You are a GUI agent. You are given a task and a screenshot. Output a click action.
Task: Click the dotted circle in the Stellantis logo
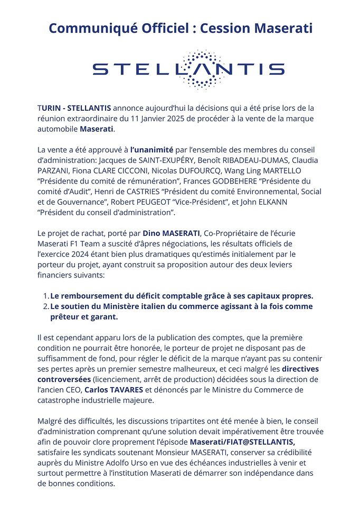201,70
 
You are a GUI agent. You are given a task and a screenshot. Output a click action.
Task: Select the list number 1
46,295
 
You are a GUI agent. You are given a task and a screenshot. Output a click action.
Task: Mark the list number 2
46,306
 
